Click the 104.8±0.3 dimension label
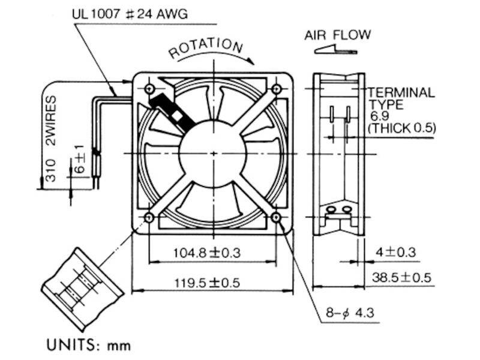(206, 253)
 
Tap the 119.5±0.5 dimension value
(206, 282)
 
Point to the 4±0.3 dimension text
(395, 252)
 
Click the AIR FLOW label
(338, 35)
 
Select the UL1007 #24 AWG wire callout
(130, 14)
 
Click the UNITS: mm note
(88, 345)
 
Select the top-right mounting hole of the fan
(277, 89)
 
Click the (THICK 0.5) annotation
(401, 128)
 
